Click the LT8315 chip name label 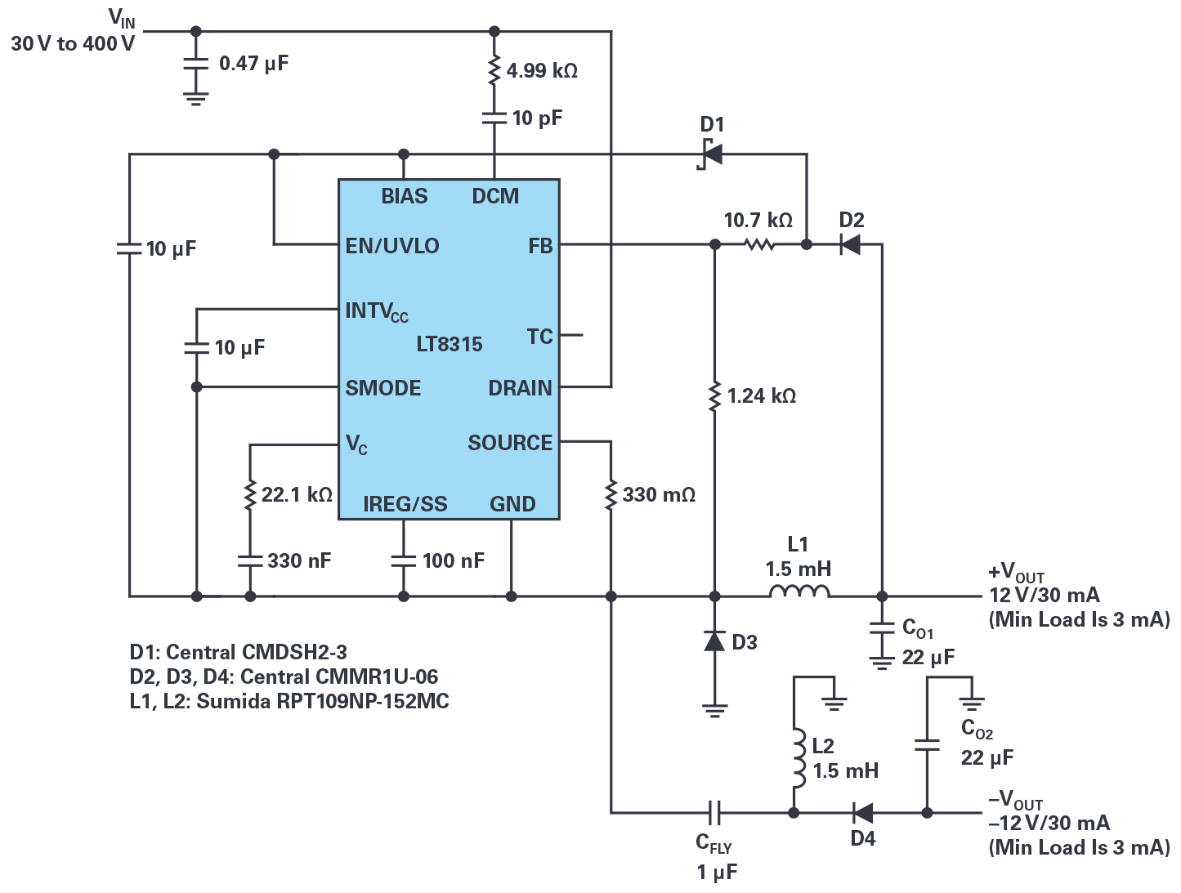(x=450, y=344)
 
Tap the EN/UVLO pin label (x=392, y=246)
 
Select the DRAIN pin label (x=521, y=387)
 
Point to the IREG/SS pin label (x=405, y=504)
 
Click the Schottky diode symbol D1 (x=711, y=154)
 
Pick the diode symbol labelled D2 (x=851, y=244)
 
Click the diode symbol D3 (x=714, y=641)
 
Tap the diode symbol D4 (x=863, y=812)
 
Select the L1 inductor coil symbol (x=799, y=592)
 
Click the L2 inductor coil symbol (x=799, y=758)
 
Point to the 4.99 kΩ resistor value (x=542, y=70)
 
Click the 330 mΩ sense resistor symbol (x=611, y=494)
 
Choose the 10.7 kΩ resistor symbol (x=759, y=244)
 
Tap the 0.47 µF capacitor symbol (x=196, y=64)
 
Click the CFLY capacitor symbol (x=714, y=812)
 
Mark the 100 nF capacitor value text (x=454, y=560)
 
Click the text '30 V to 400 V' (x=73, y=43)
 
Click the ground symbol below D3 (x=714, y=711)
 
